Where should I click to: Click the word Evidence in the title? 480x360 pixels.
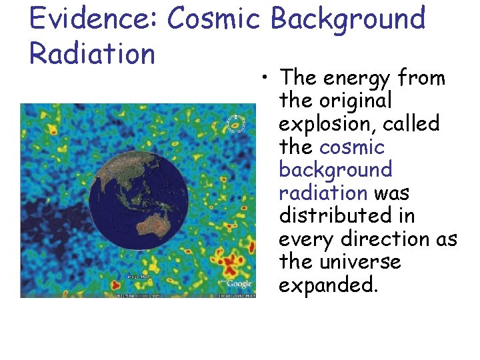tap(91, 19)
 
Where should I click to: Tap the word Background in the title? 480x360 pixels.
tap(348, 19)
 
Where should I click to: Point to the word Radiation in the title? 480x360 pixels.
tap(92, 53)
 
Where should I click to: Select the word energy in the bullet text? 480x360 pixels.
tap(356, 79)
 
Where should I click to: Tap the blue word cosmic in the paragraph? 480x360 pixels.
tap(351, 147)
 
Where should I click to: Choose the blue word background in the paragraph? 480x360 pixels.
tap(335, 170)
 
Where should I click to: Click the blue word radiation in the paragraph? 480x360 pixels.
tap(323, 193)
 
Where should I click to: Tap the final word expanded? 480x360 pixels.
tap(328, 285)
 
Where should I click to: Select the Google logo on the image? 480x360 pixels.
tap(239, 284)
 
